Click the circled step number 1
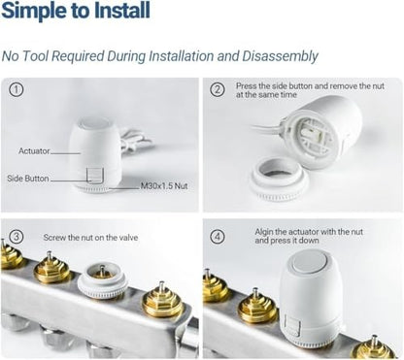pos(16,89)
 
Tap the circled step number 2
pos(218,89)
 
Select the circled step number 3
pos(16,237)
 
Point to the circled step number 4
pos(218,237)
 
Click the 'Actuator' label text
pos(34,151)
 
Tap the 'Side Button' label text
pos(28,179)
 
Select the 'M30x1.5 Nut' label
pos(164,186)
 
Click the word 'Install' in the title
pos(122,11)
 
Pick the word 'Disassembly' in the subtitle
pos(281,56)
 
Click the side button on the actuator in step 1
pos(94,175)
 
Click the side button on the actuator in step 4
pos(293,324)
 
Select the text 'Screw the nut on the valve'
pos(90,238)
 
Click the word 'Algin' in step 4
pos(264,232)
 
